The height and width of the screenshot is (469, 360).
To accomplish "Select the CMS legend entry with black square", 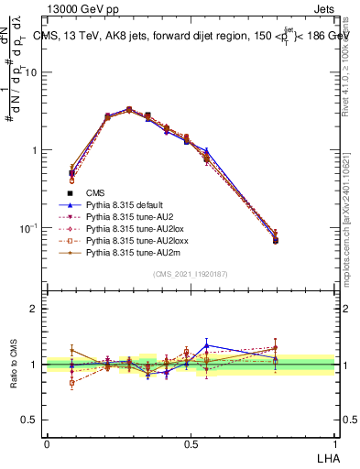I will tap(95, 192).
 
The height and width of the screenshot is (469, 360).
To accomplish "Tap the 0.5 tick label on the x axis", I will tap(191, 443).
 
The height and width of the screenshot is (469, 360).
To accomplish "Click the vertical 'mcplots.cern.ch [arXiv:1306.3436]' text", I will tap(350, 212).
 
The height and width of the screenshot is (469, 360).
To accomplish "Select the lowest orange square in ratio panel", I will tap(72, 382).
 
